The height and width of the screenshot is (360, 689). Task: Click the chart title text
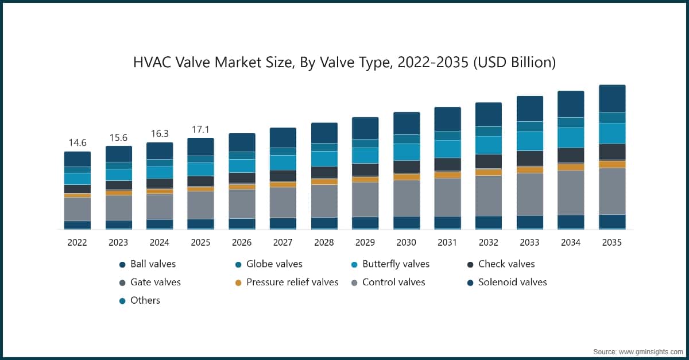(344, 62)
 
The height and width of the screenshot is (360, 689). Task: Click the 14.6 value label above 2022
(77, 142)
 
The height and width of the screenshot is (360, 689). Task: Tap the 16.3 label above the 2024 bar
(159, 133)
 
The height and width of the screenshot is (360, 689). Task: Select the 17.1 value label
(200, 129)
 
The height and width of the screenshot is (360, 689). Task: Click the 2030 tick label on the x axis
(406, 243)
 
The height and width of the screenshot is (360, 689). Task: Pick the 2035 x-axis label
(611, 243)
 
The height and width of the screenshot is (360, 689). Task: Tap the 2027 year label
(282, 243)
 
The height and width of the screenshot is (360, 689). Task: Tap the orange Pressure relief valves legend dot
(238, 282)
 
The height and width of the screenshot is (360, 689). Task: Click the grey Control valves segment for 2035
(612, 191)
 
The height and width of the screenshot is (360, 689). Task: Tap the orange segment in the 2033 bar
(530, 169)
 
